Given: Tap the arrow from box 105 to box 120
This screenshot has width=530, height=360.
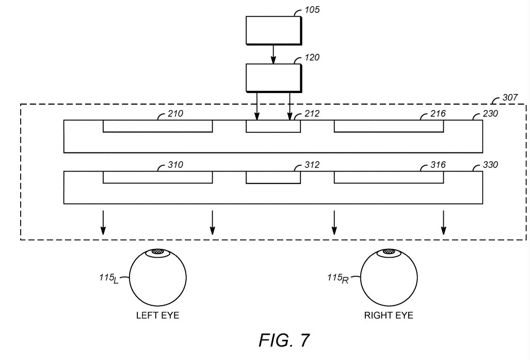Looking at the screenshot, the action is (273, 54).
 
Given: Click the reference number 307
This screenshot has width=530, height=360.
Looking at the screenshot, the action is (510, 98).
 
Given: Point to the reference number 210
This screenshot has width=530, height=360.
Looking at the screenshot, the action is (175, 113).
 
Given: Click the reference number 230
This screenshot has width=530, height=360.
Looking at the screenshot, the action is (490, 113).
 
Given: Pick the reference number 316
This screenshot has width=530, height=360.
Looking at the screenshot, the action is (438, 165).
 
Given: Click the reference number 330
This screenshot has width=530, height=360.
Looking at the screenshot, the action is (490, 165).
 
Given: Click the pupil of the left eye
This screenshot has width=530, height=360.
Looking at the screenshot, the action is (157, 252).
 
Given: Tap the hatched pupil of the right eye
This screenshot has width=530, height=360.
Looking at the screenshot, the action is (389, 252).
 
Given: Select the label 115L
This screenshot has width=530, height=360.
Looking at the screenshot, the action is (109, 278).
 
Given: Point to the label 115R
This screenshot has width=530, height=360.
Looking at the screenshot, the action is (338, 278).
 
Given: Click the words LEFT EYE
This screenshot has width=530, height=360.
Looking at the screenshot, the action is (157, 316).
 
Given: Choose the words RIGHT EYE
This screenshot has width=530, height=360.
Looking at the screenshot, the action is (389, 316).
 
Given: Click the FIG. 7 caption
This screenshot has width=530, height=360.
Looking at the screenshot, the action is (284, 340).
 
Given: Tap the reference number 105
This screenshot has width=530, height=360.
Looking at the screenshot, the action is (312, 10).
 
